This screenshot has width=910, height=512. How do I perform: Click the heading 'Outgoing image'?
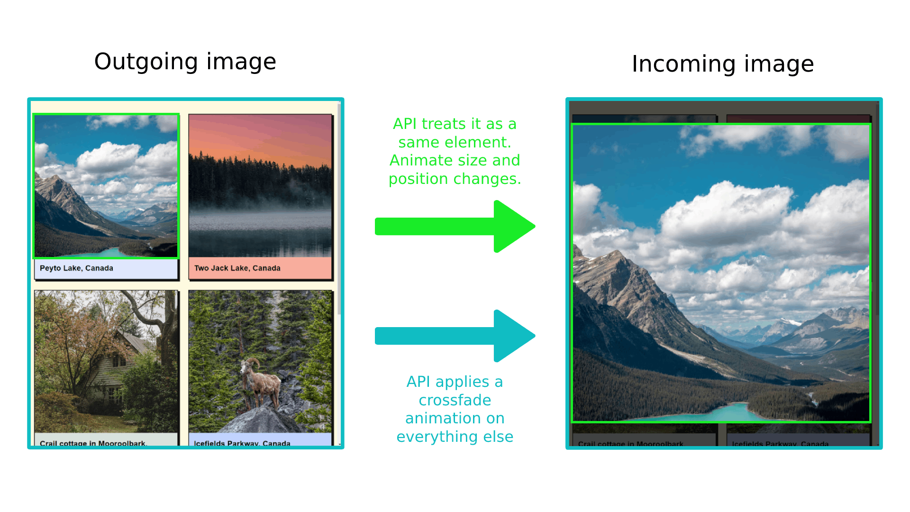(x=185, y=62)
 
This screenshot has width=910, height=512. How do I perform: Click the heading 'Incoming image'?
(x=722, y=64)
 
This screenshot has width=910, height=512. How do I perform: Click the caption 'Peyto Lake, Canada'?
(x=76, y=268)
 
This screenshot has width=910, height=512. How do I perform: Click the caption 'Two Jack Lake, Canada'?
(x=237, y=268)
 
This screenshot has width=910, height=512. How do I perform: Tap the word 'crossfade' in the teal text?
(x=455, y=400)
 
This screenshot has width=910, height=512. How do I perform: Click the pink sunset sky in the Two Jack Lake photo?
(x=260, y=137)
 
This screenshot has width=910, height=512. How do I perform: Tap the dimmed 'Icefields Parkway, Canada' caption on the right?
(x=780, y=444)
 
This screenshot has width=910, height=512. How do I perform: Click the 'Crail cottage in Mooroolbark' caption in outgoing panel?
(x=92, y=443)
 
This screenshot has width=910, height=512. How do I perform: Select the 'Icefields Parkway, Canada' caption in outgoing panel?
(x=242, y=443)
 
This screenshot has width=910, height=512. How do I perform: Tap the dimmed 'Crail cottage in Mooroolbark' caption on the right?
(x=630, y=444)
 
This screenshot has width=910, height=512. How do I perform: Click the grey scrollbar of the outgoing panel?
(x=339, y=209)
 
